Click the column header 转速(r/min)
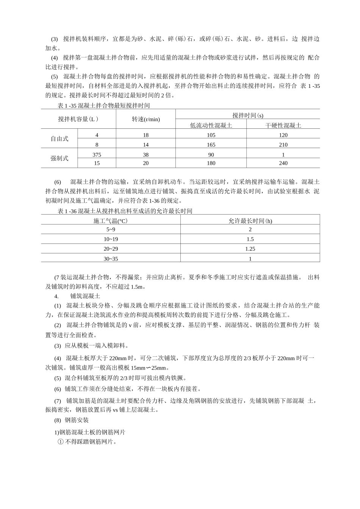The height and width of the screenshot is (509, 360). click(146, 119)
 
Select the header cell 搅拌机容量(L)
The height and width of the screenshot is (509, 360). click(78, 119)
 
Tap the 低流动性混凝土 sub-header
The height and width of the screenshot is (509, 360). click(211, 125)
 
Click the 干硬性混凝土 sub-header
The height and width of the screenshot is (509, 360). click(283, 125)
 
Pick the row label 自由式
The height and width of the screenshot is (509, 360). click(59, 139)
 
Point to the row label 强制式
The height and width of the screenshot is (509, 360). click(59, 158)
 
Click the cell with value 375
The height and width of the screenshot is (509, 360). click(97, 155)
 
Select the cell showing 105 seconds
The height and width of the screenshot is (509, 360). click(211, 135)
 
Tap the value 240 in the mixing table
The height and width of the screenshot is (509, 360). click(283, 163)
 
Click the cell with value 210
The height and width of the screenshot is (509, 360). click(283, 145)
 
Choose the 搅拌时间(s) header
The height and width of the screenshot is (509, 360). click(248, 115)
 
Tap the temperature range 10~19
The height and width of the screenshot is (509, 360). click(111, 239)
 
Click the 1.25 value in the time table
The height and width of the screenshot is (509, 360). click(250, 249)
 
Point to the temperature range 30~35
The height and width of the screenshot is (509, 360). click(111, 259)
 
